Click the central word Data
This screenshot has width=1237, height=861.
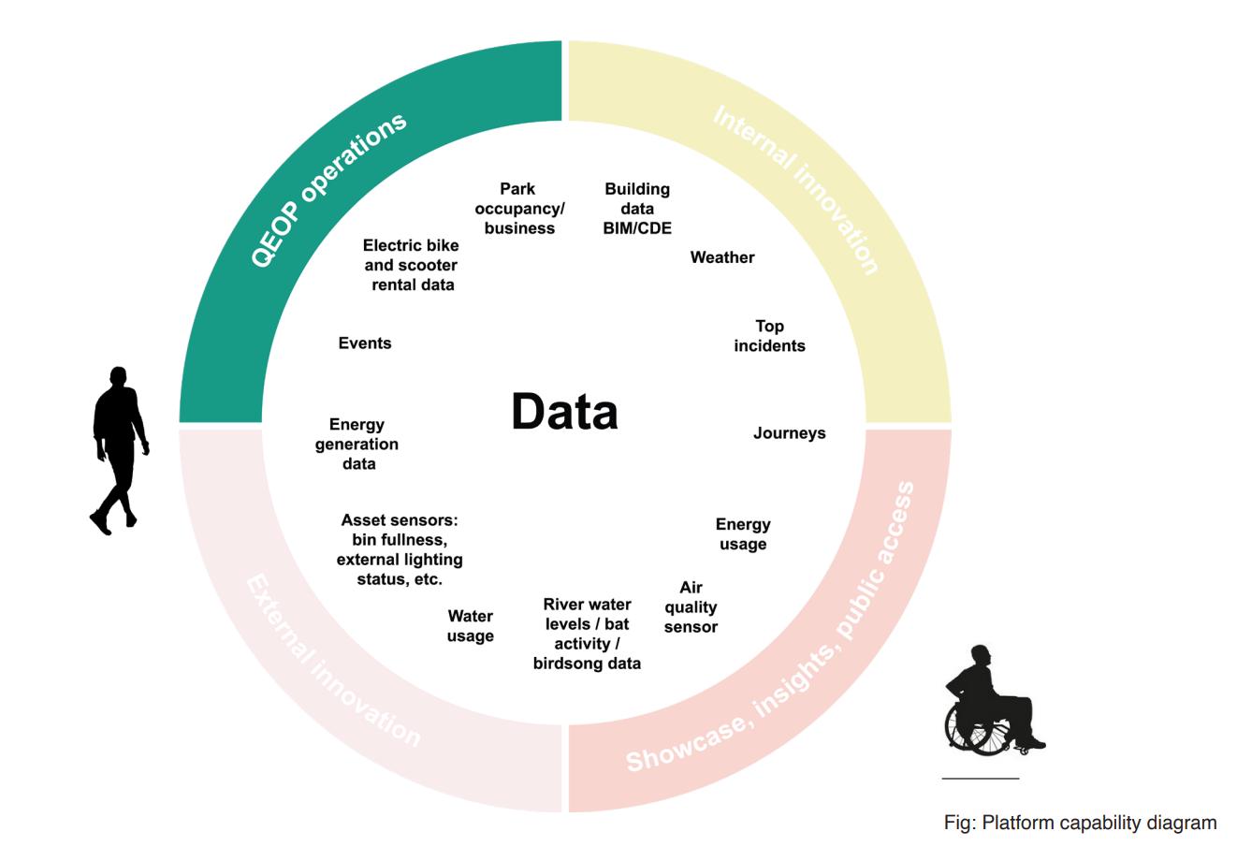tap(564, 412)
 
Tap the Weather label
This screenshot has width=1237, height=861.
tap(722, 257)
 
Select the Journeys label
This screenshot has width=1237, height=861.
tap(789, 433)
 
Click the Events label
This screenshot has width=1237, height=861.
tap(365, 343)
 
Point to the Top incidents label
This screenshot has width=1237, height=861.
tap(769, 336)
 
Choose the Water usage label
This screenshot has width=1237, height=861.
tap(470, 626)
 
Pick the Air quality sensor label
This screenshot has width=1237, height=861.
tap(691, 607)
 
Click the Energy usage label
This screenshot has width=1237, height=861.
tap(743, 534)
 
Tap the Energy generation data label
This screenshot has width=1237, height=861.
tap(357, 445)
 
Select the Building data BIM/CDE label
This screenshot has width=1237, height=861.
tap(637, 209)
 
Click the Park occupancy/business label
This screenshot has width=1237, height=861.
tap(519, 209)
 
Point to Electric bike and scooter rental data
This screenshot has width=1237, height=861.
tap(412, 265)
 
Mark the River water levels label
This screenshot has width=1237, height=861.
tap(588, 634)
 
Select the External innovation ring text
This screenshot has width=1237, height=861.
tap(332, 660)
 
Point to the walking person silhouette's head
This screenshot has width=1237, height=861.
tap(118, 376)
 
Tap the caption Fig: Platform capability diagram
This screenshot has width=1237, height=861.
tap(1080, 823)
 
